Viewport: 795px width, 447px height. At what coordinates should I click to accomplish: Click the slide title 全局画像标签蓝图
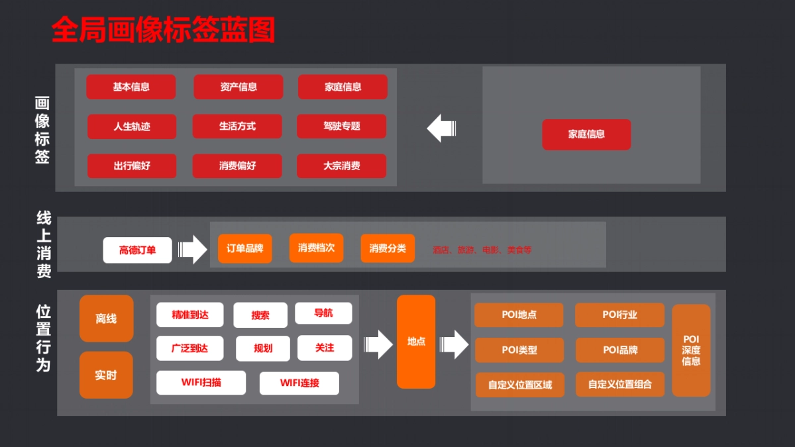tap(163, 30)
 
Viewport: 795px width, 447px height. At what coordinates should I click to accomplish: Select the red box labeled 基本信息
tap(131, 87)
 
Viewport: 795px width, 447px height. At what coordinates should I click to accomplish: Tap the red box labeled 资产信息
tap(238, 87)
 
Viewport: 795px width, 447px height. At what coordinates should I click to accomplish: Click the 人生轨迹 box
tap(132, 126)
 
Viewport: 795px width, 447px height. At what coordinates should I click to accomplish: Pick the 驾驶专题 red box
tap(342, 126)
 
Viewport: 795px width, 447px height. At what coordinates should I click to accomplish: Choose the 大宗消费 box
tap(342, 166)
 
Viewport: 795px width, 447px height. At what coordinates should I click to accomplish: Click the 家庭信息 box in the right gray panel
tap(586, 134)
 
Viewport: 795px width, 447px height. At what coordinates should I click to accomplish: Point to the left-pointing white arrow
tap(442, 128)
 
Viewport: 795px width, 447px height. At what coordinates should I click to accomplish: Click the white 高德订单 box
tap(138, 250)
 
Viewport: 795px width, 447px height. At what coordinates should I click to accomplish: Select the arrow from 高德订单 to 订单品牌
tap(193, 250)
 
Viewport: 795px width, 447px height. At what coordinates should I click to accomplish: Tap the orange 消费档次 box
tap(316, 248)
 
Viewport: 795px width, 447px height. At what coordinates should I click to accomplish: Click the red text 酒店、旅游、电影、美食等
tap(482, 250)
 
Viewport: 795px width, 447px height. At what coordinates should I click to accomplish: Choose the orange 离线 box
tap(106, 319)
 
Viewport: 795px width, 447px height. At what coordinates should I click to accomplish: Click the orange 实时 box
tap(106, 375)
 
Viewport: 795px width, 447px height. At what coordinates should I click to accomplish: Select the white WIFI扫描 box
tap(201, 383)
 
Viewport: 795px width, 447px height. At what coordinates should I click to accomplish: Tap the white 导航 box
tap(323, 313)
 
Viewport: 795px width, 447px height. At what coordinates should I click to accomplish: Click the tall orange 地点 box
tap(416, 342)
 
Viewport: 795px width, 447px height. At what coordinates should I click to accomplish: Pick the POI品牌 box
tap(619, 350)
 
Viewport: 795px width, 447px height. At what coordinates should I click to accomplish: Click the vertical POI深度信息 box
tap(691, 350)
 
